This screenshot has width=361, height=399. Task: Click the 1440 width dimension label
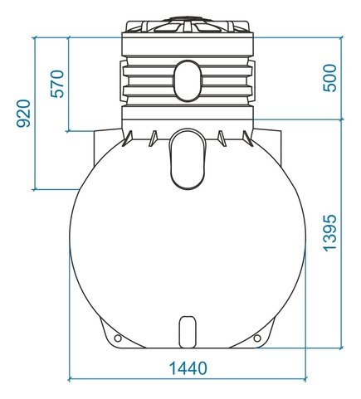pyautogui.click(x=188, y=368)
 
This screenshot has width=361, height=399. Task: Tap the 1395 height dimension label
pyautogui.click(x=329, y=233)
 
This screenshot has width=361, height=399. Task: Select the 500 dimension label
pyautogui.click(x=329, y=78)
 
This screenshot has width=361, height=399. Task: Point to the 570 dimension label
pyautogui.click(x=57, y=84)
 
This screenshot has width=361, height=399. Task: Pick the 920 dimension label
pyautogui.click(x=23, y=114)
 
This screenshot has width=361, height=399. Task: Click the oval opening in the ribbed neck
pyautogui.click(x=188, y=80)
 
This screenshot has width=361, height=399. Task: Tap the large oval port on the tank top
pyautogui.click(x=188, y=159)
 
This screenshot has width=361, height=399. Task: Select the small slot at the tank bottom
pyautogui.click(x=188, y=332)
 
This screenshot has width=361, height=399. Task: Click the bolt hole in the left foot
pyautogui.click(x=118, y=338)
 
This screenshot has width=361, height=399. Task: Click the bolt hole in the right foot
pyautogui.click(x=257, y=338)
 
